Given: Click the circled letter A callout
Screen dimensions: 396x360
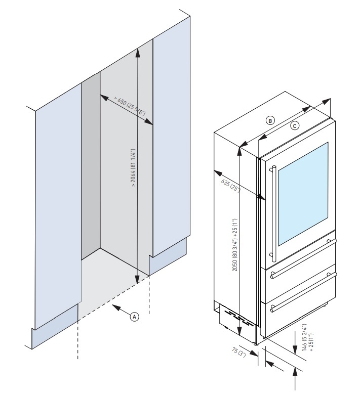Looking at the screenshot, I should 134,316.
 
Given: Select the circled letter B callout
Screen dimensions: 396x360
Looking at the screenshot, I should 271,120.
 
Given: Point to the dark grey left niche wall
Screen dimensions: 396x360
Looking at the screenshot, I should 90,167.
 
